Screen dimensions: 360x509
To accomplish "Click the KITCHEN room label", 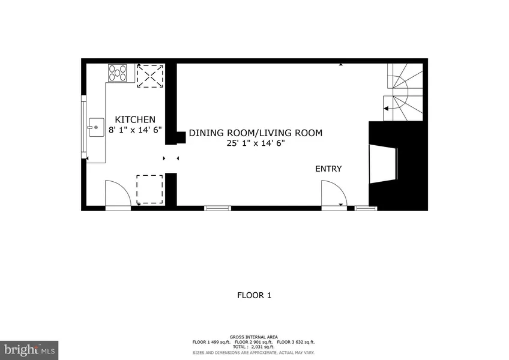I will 135,119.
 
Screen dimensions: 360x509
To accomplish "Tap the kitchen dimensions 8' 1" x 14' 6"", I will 135,130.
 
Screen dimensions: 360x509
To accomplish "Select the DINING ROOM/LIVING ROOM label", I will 256,133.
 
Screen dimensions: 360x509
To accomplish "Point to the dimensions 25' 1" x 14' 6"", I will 256,143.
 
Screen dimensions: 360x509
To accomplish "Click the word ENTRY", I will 328,169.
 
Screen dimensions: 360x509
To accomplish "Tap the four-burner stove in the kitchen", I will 117,73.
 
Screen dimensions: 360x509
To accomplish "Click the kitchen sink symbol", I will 96,127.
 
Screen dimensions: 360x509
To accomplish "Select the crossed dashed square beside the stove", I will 150,76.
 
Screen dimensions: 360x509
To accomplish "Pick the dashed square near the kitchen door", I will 149,190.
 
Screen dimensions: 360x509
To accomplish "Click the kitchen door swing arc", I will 118,193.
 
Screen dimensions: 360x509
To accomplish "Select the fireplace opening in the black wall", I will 382,165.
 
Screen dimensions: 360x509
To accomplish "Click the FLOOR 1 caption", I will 254,295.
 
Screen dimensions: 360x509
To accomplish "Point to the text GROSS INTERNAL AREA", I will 254,337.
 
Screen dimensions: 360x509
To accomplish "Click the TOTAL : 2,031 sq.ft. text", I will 254,347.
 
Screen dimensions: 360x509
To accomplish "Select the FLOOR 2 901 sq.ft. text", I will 254,342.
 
